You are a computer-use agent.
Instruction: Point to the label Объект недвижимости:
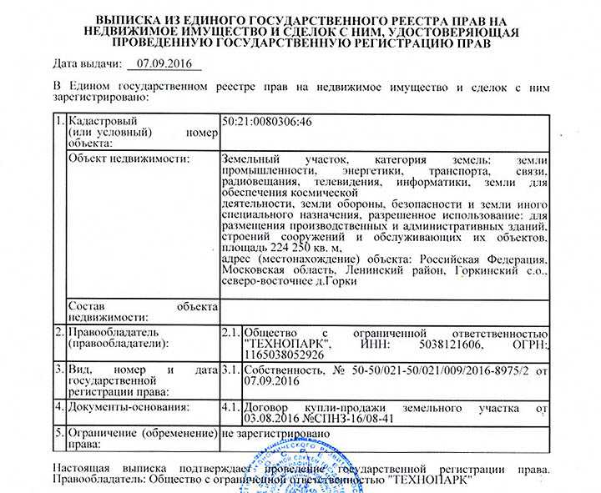pyautogui.click(x=127, y=158)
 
